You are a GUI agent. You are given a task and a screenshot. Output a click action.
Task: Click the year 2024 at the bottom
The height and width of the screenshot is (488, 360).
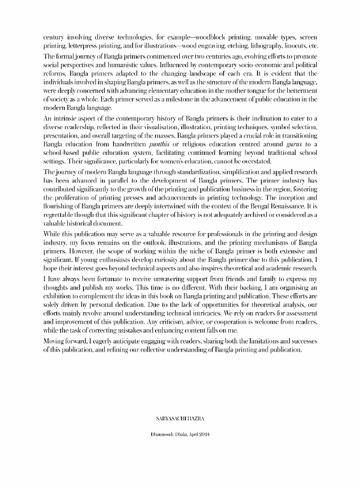[x=204, y=435]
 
